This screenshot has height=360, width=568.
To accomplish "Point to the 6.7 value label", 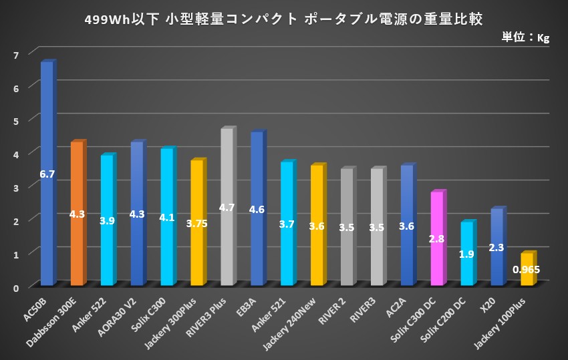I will pos(47,174).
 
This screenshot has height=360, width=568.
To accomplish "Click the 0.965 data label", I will pos(527,270).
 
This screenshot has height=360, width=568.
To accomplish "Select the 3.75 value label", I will pos(196,224).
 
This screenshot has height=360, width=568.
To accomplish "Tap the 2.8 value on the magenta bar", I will pos(437,238).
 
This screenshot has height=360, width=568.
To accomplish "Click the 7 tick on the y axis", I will pos(15,53).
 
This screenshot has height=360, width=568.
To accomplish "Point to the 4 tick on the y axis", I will pos(15,153).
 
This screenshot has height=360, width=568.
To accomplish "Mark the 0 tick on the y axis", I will pos(15,287).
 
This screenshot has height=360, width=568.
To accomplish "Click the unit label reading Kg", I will pos(543,38).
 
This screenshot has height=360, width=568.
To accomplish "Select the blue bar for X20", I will pos(496,247).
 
